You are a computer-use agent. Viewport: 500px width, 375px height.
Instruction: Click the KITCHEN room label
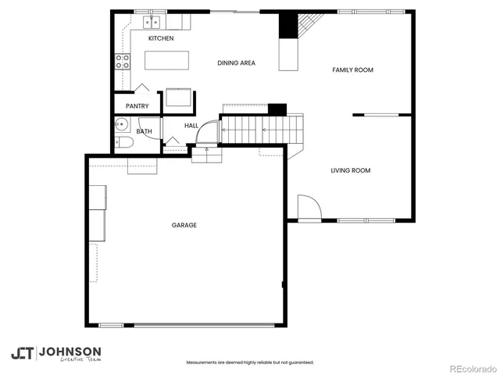click(161, 38)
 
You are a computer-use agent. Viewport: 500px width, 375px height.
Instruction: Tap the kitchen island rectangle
click(165, 60)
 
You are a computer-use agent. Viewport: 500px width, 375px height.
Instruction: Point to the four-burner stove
click(123, 61)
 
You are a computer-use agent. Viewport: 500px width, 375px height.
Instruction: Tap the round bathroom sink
click(122, 124)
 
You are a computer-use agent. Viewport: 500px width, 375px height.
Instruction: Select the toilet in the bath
click(125, 142)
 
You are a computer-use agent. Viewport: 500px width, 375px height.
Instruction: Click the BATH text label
click(145, 131)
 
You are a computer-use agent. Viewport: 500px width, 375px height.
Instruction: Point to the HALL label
click(191, 125)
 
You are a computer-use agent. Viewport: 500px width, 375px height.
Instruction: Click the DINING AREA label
click(236, 62)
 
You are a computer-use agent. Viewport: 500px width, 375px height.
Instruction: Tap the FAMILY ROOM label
click(352, 70)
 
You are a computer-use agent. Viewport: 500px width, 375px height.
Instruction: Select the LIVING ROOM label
click(350, 170)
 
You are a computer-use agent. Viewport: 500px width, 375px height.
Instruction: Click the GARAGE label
click(184, 225)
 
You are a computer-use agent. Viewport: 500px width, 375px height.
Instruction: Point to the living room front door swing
click(308, 207)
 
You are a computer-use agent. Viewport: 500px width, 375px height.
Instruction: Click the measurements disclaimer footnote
click(249, 362)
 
